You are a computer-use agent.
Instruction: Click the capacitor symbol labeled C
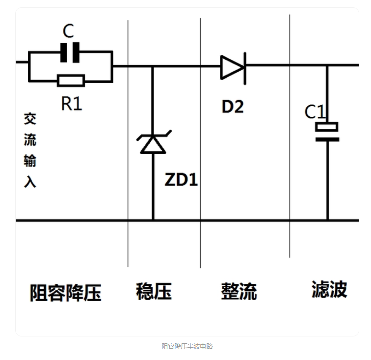tap(70, 53)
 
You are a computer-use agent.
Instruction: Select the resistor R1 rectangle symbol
tap(71, 81)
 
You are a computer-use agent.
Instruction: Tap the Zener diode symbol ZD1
tap(153, 143)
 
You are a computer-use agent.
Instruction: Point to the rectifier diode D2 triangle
tap(232, 67)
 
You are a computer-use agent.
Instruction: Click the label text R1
tap(71, 103)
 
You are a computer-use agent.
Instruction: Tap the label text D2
tap(232, 106)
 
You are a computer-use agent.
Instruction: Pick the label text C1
tap(315, 112)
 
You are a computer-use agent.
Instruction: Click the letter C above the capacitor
tap(68, 31)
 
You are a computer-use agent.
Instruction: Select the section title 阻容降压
tap(65, 293)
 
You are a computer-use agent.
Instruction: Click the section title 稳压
tap(154, 291)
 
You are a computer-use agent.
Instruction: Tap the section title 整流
tap(239, 291)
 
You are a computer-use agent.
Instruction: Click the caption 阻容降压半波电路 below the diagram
tap(187, 346)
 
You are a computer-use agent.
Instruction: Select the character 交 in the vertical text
tap(30, 119)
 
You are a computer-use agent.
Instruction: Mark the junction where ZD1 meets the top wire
tap(153, 66)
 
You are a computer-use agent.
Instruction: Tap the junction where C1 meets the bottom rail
tap(327, 220)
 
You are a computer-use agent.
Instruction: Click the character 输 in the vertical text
tap(30, 161)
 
